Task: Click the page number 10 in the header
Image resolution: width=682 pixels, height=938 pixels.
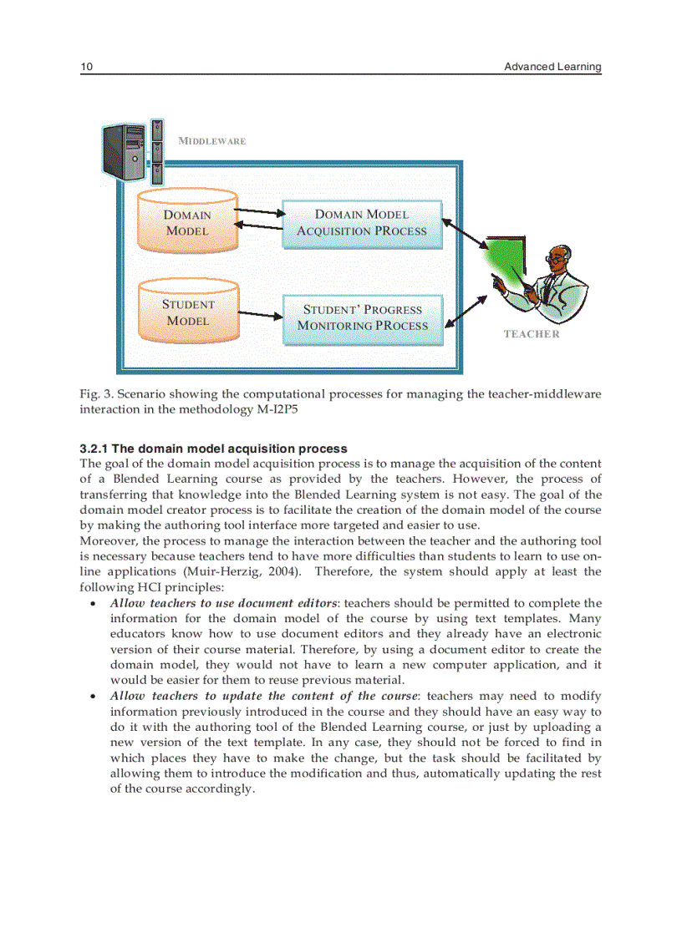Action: click(x=85, y=67)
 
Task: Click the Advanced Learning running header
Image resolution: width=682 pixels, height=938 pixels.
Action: click(x=552, y=67)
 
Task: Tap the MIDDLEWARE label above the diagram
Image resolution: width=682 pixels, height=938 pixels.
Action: click(x=212, y=141)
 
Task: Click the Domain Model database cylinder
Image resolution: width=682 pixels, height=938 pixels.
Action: click(x=187, y=223)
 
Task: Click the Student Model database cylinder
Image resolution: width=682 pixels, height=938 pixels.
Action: click(x=187, y=312)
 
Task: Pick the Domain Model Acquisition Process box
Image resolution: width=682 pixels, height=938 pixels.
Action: click(x=362, y=224)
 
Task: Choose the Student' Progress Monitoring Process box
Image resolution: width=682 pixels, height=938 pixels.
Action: click(x=362, y=318)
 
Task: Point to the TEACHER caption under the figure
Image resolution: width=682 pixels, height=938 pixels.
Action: click(x=532, y=334)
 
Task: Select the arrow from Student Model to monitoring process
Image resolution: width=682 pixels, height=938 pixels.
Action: click(x=261, y=316)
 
